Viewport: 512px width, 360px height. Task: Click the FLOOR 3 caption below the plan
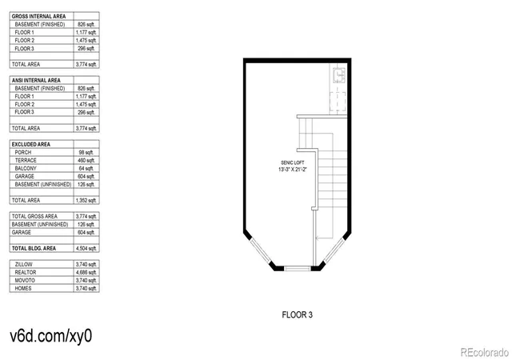pos(297,314)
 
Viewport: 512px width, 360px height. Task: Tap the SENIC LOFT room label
pos(293,162)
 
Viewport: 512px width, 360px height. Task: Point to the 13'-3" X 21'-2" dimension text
pos(293,170)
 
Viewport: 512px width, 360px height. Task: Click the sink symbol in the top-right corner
pos(339,75)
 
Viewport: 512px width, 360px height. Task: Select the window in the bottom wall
pos(297,269)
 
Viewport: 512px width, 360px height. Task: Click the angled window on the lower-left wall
pos(261,251)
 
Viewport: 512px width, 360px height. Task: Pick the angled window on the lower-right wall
pos(334,250)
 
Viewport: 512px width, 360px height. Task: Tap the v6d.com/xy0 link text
pos(51,336)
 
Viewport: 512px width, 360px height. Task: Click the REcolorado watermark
pos(485,353)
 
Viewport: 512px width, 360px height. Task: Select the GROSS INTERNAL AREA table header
pos(38,16)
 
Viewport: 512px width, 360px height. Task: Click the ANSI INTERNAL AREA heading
pos(36,80)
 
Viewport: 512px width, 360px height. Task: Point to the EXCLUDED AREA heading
pos(31,144)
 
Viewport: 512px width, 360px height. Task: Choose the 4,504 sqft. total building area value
pos(86,249)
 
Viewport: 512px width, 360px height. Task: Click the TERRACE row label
pos(26,160)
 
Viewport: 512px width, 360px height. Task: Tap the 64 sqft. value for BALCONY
pos(86,169)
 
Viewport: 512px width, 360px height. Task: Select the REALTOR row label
pos(26,273)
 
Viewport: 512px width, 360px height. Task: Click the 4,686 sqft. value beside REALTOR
pos(86,273)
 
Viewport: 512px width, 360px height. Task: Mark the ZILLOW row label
pos(23,265)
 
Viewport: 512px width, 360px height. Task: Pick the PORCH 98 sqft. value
pos(86,153)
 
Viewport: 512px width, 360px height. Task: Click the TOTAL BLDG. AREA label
pos(34,249)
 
